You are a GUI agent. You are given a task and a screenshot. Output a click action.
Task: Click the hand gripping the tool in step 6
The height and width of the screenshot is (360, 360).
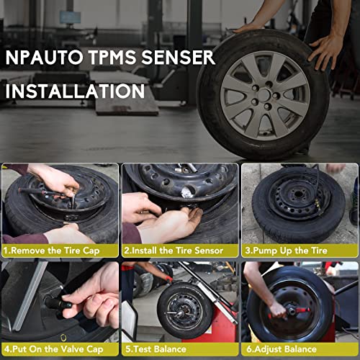click(276, 310)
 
